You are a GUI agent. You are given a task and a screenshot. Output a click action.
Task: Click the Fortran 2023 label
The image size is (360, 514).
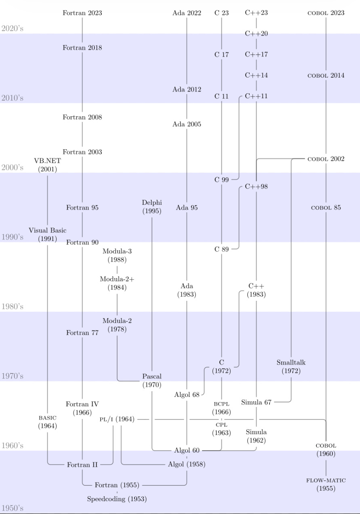click(x=82, y=13)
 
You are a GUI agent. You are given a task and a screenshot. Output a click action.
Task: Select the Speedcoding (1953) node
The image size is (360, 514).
click(x=117, y=499)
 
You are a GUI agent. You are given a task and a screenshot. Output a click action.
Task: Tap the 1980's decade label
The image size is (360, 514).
click(x=13, y=306)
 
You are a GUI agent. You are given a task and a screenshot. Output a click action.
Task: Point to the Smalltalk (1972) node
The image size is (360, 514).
click(x=291, y=367)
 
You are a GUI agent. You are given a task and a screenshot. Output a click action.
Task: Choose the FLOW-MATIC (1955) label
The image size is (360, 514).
click(x=326, y=485)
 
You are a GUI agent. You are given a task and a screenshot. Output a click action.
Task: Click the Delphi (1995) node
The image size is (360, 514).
click(x=152, y=207)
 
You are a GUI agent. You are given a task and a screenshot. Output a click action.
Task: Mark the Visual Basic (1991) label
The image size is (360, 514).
click(x=48, y=234)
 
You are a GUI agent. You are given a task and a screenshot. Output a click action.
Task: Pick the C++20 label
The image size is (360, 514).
click(x=256, y=34)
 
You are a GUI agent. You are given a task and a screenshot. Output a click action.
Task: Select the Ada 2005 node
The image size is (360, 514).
click(x=187, y=124)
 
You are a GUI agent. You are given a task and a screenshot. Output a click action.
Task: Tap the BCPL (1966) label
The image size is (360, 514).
click(x=221, y=408)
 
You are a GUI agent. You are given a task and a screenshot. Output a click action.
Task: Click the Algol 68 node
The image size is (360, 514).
click(x=187, y=394)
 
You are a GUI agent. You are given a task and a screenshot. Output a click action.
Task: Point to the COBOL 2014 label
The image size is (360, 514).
click(x=326, y=76)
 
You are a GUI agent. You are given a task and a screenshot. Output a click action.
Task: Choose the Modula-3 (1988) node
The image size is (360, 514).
click(x=117, y=256)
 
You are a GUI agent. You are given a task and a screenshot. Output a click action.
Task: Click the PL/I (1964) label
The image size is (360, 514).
click(x=117, y=420)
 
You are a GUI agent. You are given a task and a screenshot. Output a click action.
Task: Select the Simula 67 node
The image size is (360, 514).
click(x=256, y=402)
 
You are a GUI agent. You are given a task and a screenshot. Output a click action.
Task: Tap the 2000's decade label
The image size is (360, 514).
click(x=13, y=168)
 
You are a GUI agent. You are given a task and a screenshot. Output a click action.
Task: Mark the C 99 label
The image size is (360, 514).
click(x=221, y=180)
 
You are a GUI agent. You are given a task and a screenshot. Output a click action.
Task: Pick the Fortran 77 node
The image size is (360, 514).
click(x=82, y=333)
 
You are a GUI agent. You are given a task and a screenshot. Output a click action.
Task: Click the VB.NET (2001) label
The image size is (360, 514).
click(x=48, y=165)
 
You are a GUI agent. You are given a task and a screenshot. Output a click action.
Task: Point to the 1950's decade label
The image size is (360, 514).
click(x=13, y=508)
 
